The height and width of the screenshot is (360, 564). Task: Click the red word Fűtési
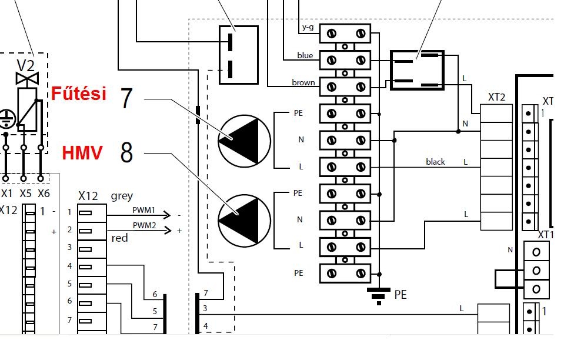click(79, 93)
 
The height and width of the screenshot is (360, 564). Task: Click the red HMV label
click(82, 153)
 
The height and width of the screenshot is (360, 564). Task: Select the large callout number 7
click(126, 98)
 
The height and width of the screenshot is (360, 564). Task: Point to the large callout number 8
click(126, 152)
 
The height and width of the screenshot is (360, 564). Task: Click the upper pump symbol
click(244, 141)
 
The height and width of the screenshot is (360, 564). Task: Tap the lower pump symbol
click(244, 221)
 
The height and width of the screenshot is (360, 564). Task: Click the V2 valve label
click(25, 66)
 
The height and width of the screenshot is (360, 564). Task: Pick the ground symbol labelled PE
click(379, 296)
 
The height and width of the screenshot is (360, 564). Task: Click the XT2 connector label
click(496, 97)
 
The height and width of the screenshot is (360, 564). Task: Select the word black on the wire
click(435, 162)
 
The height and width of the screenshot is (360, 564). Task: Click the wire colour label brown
click(303, 82)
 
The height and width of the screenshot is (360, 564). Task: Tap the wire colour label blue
click(305, 55)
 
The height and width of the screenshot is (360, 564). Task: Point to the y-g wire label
click(308, 27)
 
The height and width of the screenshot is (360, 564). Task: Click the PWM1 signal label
click(143, 210)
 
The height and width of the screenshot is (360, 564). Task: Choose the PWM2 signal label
click(144, 225)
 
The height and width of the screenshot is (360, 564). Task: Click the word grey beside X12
click(122, 196)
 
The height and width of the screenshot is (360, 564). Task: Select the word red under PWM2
click(119, 238)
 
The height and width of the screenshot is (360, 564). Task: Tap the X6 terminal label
click(44, 194)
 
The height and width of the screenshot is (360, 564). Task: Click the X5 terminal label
click(25, 194)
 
